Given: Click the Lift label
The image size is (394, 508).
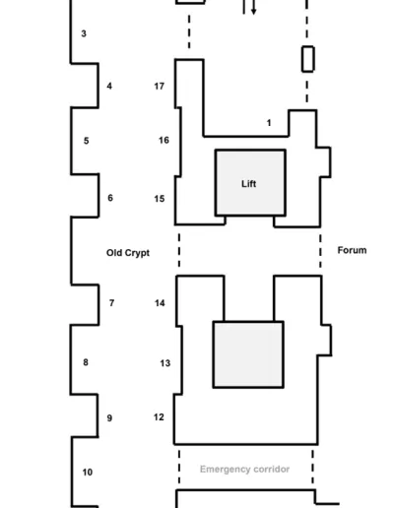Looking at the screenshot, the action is pos(249,184).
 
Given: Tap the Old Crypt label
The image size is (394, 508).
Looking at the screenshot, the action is pos(128,253).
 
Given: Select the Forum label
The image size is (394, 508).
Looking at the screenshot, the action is pos(352,250).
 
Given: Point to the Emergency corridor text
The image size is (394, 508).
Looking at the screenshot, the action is pos(244,470).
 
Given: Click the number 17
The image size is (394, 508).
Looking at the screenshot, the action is pos(160,86).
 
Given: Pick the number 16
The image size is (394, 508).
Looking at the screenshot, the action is pos(164,140).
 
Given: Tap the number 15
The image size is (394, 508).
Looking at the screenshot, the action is pos(160,199).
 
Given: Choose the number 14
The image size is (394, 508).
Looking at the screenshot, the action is pos(160,303).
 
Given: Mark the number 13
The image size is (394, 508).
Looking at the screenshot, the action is pos(165,363).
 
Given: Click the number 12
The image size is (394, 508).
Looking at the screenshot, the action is pos(159,416).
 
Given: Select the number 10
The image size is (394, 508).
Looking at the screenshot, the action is pos(88,472).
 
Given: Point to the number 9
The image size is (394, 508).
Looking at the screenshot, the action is pos(109,418).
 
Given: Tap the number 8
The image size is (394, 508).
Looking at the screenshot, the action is pos(86,362).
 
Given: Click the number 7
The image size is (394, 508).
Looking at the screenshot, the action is pos(111,303).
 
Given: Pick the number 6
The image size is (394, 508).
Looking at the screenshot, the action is pos(110,198).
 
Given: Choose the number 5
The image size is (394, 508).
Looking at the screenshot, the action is pos(86,141).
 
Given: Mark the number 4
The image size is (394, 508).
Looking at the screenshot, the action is pos(109,86).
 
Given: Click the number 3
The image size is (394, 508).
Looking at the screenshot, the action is pos(84,33).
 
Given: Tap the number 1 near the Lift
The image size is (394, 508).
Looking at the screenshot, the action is pos(269,123).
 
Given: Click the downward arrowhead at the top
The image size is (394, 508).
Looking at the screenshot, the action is pos(253,12).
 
